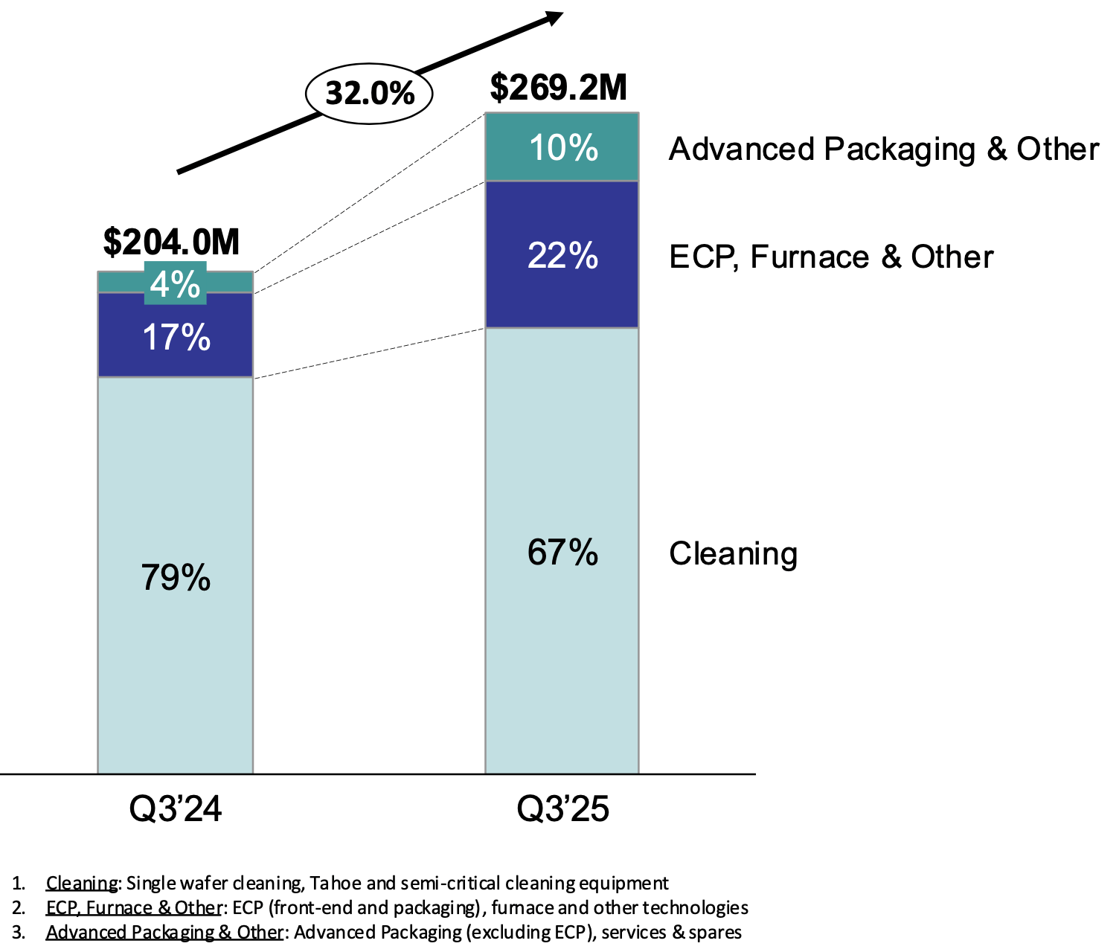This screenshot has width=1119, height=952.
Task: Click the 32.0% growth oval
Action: [x=369, y=94]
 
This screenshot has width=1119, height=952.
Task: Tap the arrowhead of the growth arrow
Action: [x=554, y=17]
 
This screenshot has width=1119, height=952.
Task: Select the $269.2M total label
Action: [x=559, y=88]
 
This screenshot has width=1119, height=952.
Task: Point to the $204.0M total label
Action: [x=171, y=242]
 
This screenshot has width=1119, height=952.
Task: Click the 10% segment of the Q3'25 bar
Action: [x=562, y=147]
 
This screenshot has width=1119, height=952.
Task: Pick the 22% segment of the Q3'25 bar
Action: [x=562, y=255]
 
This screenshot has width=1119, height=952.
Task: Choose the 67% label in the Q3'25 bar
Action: [x=562, y=553]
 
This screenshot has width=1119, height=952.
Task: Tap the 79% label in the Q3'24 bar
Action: [x=176, y=577]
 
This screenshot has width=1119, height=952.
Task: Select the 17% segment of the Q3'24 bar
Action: [x=176, y=337]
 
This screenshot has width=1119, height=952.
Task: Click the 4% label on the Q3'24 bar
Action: [x=176, y=284]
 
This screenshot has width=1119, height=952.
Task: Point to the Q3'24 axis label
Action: [x=176, y=808]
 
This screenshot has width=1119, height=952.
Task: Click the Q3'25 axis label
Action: [x=562, y=808]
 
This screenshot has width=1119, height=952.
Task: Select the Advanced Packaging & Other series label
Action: [x=883, y=149]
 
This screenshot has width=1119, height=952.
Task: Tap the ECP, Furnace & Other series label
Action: [x=830, y=257]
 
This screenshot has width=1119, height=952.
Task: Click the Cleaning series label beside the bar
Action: [x=733, y=554]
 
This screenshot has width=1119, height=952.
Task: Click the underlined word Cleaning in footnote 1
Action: [x=82, y=883]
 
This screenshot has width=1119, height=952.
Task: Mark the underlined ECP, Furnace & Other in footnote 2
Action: [x=134, y=907]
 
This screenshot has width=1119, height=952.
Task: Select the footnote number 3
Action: [x=18, y=932]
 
